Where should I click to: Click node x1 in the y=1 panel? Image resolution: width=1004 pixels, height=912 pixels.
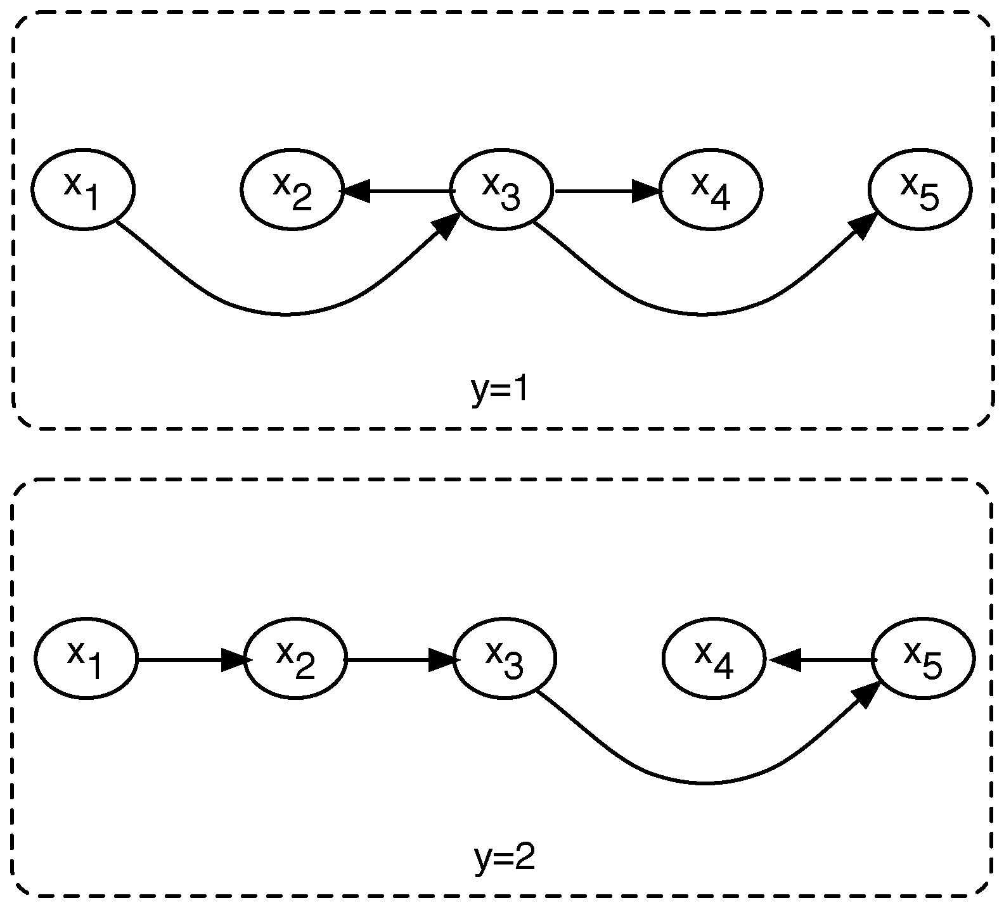(x=83, y=189)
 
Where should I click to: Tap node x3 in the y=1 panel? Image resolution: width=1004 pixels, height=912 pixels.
(x=501, y=189)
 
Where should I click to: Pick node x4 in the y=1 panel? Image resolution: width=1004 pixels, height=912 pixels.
(x=711, y=189)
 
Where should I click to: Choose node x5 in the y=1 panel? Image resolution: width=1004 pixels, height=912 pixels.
(x=920, y=189)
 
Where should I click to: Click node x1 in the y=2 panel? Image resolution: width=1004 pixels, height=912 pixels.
(x=86, y=659)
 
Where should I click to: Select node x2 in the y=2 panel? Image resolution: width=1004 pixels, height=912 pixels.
(x=295, y=659)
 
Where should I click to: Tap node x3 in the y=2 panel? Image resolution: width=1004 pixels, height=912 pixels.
(x=505, y=659)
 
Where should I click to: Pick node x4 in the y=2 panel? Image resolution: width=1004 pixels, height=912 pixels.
(x=714, y=659)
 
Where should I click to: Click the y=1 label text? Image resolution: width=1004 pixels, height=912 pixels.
(x=500, y=391)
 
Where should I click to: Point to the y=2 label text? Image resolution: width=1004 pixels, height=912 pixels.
(x=505, y=859)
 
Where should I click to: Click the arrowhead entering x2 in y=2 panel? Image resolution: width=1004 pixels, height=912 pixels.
(x=235, y=660)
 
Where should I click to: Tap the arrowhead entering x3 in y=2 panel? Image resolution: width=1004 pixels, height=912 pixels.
(x=444, y=660)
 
